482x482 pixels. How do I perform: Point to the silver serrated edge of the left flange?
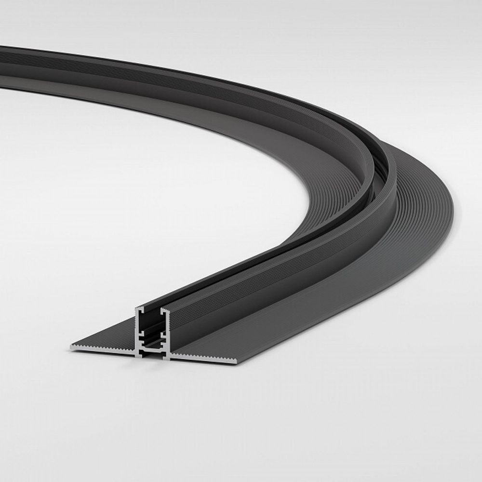[104, 348]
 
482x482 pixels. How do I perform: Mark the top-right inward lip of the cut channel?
[164, 309]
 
